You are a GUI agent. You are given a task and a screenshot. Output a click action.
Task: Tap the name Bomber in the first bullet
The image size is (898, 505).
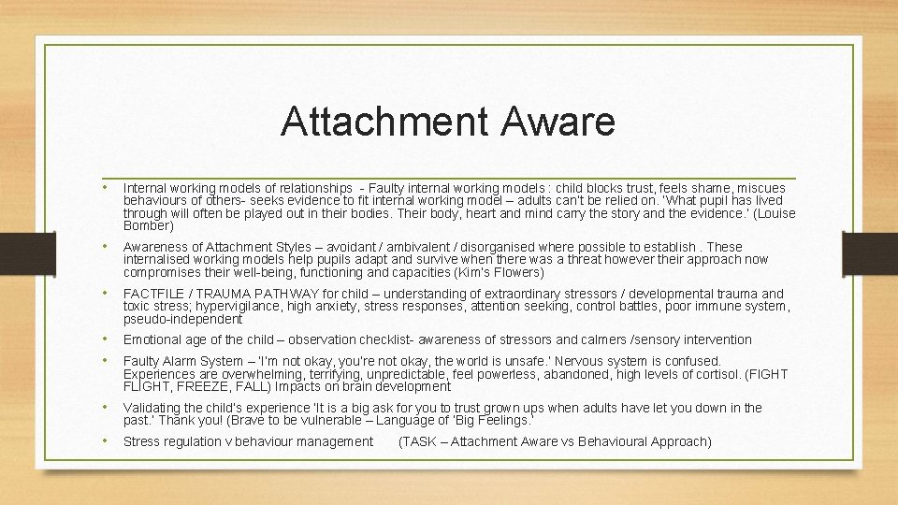[x=148, y=225]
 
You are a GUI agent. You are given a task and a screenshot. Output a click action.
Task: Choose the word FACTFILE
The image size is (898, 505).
[x=154, y=294]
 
